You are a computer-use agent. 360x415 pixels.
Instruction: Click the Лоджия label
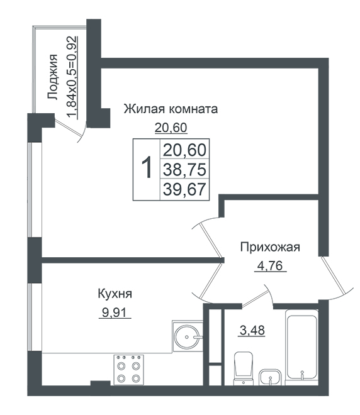53,77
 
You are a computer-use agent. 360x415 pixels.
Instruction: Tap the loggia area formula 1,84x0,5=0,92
72,77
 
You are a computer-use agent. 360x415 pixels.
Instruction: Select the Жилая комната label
171,109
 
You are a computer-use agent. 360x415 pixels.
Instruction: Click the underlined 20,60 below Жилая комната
171,128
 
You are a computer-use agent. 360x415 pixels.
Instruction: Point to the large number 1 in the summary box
147,167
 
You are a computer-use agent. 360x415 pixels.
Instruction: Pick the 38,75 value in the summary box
184,170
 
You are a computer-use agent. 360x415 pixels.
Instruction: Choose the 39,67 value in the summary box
184,189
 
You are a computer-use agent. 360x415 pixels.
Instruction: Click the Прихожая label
270,248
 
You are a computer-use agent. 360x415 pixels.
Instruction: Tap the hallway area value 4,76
271,265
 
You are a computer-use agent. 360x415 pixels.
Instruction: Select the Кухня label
115,294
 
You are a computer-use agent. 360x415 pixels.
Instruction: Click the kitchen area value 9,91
115,313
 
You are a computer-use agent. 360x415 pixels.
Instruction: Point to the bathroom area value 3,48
252,330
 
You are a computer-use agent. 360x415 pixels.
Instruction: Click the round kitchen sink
188,336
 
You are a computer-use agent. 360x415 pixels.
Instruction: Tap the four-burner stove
129,370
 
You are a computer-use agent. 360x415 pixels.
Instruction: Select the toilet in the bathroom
244,368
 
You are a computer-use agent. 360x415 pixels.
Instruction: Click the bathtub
301,348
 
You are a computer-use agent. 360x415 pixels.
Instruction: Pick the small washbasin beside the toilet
269,377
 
